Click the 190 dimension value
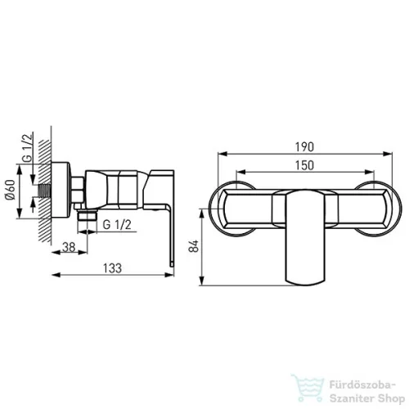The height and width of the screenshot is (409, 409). [304, 147]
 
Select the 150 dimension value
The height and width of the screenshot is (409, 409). [304, 165]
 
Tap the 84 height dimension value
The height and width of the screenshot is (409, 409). [194, 246]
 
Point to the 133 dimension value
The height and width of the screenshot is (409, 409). [112, 268]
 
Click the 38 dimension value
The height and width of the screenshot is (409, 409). [69, 247]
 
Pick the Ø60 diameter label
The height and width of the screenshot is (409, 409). [11, 190]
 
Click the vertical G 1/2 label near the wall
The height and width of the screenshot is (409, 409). [27, 148]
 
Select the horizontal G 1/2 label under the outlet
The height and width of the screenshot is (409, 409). [117, 225]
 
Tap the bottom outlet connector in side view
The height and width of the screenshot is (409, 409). [87, 215]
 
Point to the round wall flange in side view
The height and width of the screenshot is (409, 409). [61, 191]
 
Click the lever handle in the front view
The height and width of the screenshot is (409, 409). [305, 236]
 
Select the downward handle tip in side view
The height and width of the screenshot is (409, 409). [171, 263]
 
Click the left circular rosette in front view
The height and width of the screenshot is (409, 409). [231, 209]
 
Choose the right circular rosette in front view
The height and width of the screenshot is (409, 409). [378, 209]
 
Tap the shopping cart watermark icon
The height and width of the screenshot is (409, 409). [308, 388]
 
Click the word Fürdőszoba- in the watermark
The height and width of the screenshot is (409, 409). [362, 385]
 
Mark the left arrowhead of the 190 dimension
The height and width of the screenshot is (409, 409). [222, 154]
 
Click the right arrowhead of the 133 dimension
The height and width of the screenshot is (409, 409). [169, 275]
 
